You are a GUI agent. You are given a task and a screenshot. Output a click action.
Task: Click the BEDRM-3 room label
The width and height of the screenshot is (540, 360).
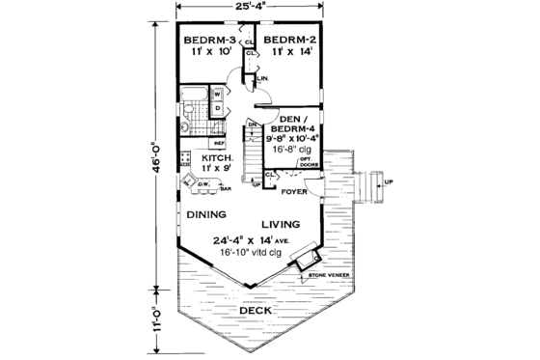pos(205,41)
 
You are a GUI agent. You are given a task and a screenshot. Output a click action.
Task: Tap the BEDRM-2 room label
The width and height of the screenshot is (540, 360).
pos(290,41)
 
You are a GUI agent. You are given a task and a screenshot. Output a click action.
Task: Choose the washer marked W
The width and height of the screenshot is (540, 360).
pos(217,94)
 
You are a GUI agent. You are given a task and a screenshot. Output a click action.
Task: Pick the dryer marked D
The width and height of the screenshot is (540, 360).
pos(217,108)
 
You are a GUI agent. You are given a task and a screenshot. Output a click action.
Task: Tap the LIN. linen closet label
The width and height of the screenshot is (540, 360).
pos(260,78)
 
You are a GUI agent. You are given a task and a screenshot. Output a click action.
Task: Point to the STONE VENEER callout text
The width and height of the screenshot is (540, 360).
pos(328,275)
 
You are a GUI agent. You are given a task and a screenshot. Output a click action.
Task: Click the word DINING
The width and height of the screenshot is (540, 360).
pos(207,214)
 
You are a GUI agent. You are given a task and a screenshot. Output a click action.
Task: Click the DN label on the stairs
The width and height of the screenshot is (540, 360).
pos(251,125)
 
